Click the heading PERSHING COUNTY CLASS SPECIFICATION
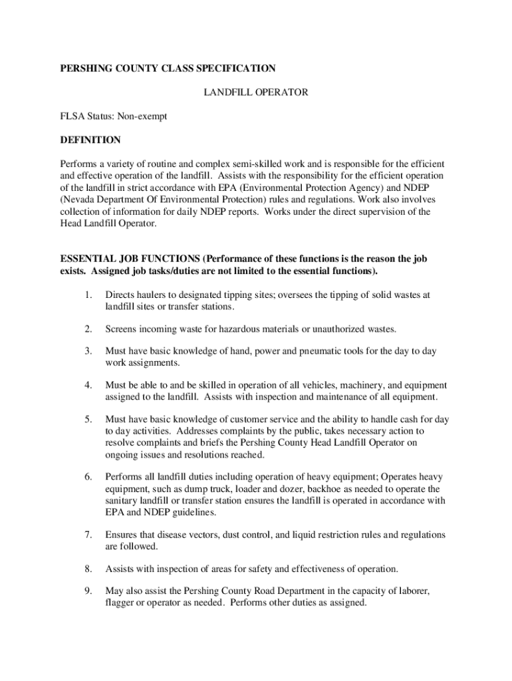pyautogui.click(x=168, y=68)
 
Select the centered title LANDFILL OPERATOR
pyautogui.click(x=255, y=92)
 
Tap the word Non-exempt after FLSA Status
pyautogui.click(x=142, y=116)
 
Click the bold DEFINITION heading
pyautogui.click(x=90, y=140)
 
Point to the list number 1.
pyautogui.click(x=88, y=295)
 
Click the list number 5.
pyautogui.click(x=88, y=420)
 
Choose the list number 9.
pyautogui.click(x=88, y=591)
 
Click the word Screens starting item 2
pyautogui.click(x=122, y=329)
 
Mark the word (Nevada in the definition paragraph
pyautogui.click(x=78, y=200)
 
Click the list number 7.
pyautogui.click(x=88, y=535)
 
